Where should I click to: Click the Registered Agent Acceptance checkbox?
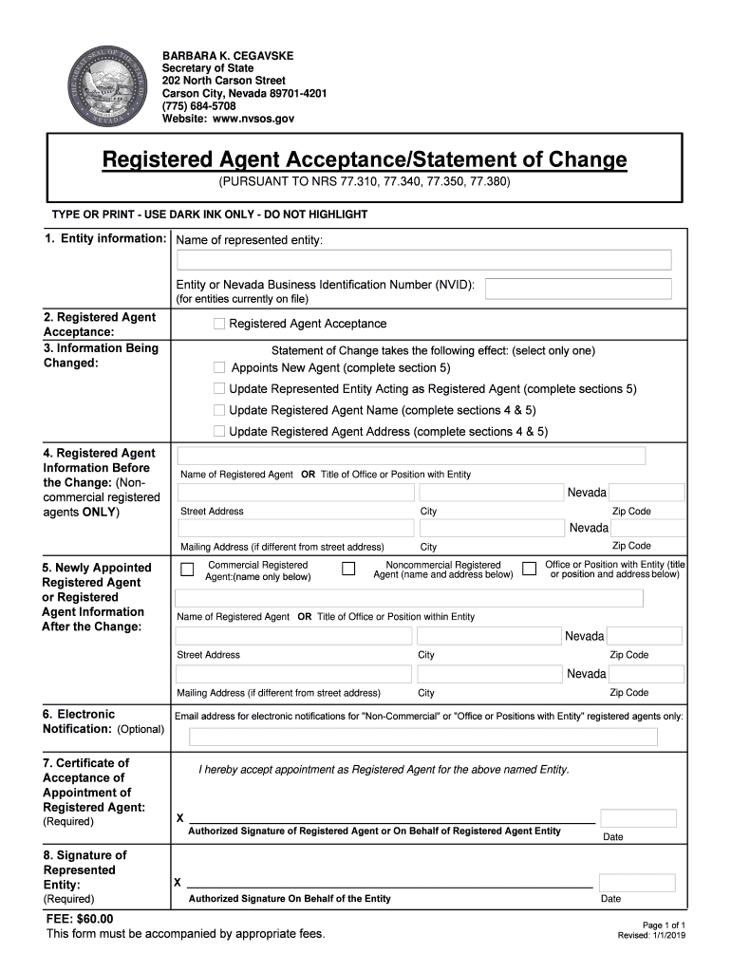click(219, 324)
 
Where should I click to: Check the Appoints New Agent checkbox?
click(219, 367)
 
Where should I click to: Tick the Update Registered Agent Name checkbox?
click(219, 410)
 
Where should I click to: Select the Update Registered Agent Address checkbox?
click(219, 432)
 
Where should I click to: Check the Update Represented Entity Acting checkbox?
click(219, 388)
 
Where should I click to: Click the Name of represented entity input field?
click(423, 260)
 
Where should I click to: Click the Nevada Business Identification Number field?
click(579, 289)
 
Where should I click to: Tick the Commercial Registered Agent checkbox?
click(187, 570)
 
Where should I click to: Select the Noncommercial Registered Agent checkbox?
click(348, 569)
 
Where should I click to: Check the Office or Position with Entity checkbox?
click(530, 569)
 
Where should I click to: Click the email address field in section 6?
click(423, 738)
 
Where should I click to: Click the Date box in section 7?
click(638, 818)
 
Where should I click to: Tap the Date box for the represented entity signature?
click(638, 883)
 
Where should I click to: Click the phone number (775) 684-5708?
click(198, 106)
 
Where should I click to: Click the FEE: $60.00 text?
click(80, 919)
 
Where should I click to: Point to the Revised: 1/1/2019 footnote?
click(651, 936)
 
